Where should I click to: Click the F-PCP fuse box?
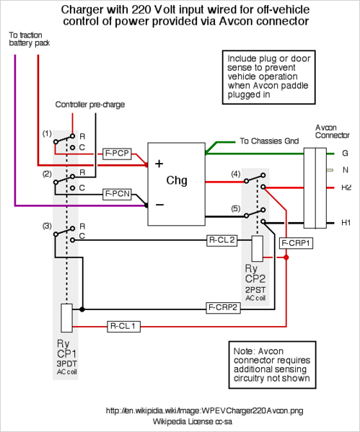[x=117, y=154]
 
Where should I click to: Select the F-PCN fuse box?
[x=117, y=194]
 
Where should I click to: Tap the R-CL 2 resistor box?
[x=222, y=240]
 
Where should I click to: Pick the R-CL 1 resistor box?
[x=123, y=327]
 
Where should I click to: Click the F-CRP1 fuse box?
[x=296, y=243]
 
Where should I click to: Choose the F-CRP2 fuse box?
[x=223, y=308]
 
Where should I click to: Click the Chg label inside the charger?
[x=177, y=181]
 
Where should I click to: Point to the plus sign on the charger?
[x=159, y=164]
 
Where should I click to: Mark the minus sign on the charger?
[x=160, y=204]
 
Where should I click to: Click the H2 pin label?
[x=346, y=188]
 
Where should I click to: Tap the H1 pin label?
[x=346, y=222]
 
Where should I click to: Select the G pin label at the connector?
[x=345, y=153]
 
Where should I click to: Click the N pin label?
[x=346, y=170]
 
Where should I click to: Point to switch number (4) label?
[x=236, y=174]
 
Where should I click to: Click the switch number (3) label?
[x=47, y=226]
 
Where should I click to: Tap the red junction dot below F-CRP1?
[x=286, y=257]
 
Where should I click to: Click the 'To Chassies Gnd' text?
[x=269, y=141]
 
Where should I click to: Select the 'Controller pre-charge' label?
[x=90, y=105]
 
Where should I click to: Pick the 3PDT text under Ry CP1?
[x=66, y=363]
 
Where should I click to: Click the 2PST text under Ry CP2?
[x=255, y=290]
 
